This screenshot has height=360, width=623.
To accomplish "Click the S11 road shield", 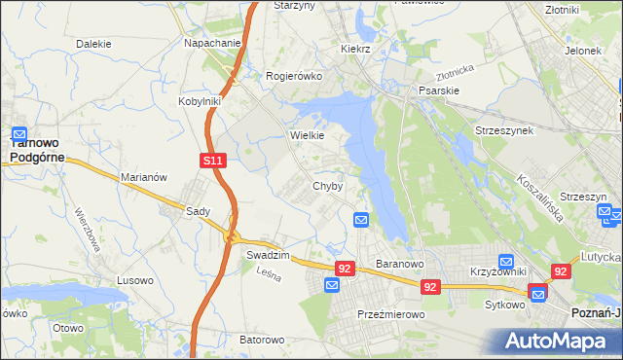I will (215, 160).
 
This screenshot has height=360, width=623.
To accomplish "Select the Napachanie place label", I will (212, 44).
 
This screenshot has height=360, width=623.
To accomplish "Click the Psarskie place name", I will (438, 90).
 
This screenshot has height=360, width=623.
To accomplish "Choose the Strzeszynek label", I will (503, 129).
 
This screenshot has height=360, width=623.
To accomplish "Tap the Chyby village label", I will (327, 186).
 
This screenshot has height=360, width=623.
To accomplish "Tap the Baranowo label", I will (398, 264).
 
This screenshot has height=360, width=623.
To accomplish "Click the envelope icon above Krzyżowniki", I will (506, 262).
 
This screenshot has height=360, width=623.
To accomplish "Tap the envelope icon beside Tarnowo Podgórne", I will (19, 134).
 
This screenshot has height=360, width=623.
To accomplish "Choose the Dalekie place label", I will (93, 44).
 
